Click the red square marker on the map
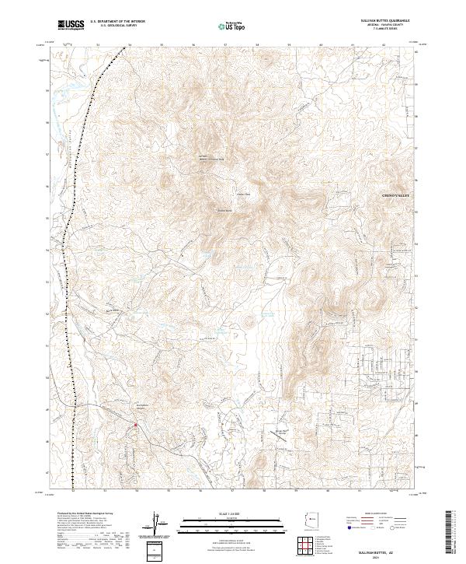(x=135, y=425)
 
